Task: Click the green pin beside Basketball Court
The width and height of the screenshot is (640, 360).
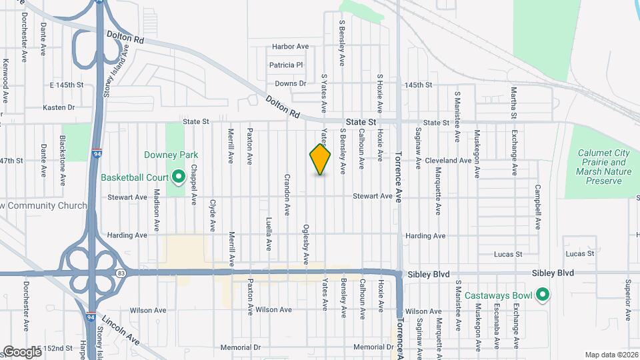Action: [178, 177]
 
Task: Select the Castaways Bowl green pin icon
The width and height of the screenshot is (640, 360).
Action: [543, 294]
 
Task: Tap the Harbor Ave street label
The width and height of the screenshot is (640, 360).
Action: [291, 47]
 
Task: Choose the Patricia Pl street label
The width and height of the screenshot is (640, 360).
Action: [286, 65]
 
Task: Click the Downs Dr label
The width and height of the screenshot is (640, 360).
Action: [290, 84]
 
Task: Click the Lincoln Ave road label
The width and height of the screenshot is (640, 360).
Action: [126, 329]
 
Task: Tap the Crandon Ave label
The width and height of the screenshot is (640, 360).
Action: [287, 195]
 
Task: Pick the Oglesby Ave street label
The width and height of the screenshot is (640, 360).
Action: [307, 242]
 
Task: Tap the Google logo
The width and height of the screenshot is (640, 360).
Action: [23, 351]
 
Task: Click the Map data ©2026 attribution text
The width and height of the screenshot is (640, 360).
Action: [611, 355]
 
